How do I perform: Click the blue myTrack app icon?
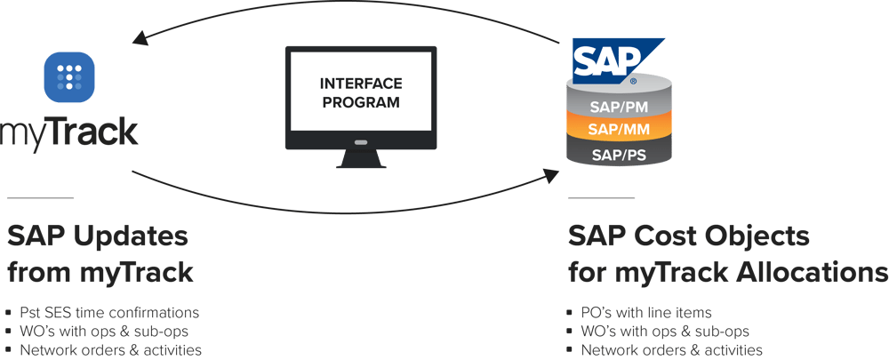click(x=69, y=78)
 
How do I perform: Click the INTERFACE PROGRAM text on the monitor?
click(x=360, y=92)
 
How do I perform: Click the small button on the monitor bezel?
click(x=360, y=141)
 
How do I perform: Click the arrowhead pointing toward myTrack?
click(x=137, y=38)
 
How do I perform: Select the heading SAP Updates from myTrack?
click(x=99, y=253)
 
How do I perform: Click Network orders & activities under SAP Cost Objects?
click(x=670, y=350)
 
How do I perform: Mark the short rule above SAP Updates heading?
click(x=39, y=197)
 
